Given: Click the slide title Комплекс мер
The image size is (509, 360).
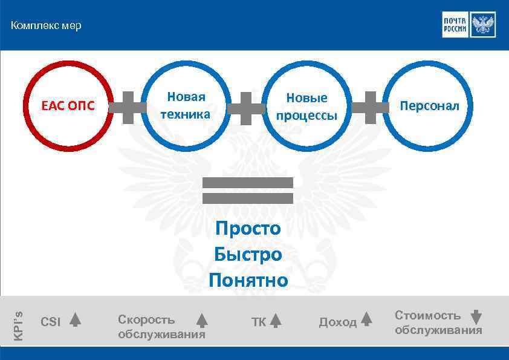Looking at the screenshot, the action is tap(46, 26).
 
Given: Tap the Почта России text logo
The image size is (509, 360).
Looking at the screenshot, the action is tap(455, 25).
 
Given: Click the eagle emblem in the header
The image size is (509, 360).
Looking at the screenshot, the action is tap(482, 25).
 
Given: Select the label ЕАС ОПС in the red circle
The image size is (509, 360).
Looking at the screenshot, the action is tap(68, 106).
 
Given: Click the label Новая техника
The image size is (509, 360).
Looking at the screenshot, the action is tap(186, 105).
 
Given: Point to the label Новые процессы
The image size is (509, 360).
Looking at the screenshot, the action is tap(306, 106).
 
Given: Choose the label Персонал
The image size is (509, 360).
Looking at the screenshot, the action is tap(429, 106).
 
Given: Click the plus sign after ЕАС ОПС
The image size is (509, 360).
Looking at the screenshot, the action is tap(128, 107).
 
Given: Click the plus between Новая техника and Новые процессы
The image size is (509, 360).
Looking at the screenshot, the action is tap(245, 108).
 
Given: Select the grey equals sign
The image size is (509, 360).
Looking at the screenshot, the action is tap(248, 190).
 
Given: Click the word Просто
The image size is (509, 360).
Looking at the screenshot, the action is tap(248, 229).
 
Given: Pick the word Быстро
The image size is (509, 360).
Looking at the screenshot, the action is tap(248, 255).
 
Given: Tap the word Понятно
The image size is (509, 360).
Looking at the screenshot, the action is tap(248, 281).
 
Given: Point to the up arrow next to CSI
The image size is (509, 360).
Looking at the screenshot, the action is tap(75, 319).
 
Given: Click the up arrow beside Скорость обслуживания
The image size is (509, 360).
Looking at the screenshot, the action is tap(202, 321).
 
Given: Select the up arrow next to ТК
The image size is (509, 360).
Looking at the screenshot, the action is tap(275, 321).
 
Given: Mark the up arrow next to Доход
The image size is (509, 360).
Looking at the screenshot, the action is tap(366, 319).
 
